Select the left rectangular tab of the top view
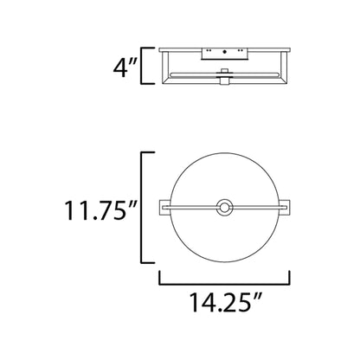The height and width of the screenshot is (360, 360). point(164,207)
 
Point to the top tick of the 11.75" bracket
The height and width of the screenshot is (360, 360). point(149,152)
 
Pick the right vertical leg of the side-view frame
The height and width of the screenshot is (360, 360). point(286,68)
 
